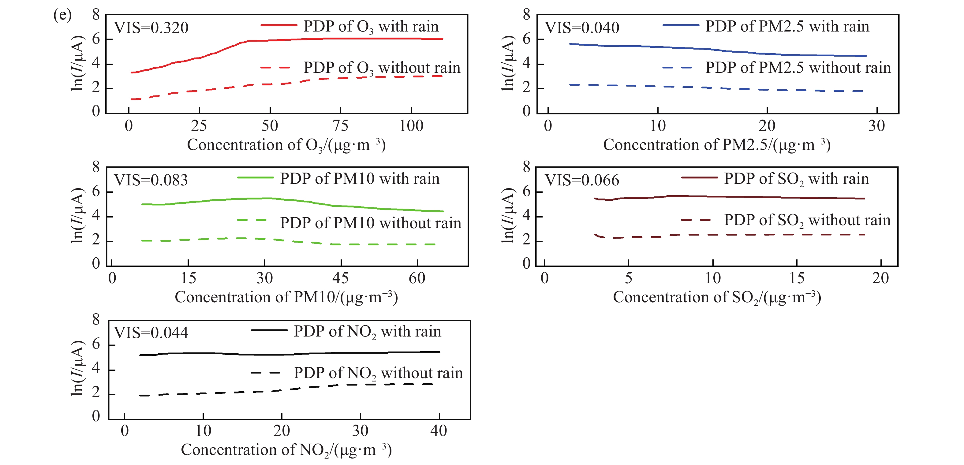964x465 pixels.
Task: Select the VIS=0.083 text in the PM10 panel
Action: pyautogui.click(x=151, y=180)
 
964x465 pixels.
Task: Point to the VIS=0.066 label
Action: pyautogui.click(x=581, y=180)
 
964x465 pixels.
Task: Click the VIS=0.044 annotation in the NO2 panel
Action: pyautogui.click(x=151, y=333)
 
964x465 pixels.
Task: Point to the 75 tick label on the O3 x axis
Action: pyautogui.click(x=340, y=126)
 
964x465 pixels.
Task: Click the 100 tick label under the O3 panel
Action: pyautogui.click(x=411, y=126)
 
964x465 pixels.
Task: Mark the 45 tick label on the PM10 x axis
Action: pyautogui.click(x=341, y=278)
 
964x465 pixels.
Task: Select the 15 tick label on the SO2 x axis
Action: pyautogui.click(x=797, y=278)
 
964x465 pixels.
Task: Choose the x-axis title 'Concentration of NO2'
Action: pyautogui.click(x=286, y=450)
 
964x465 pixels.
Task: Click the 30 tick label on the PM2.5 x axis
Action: pyautogui.click(x=876, y=126)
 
